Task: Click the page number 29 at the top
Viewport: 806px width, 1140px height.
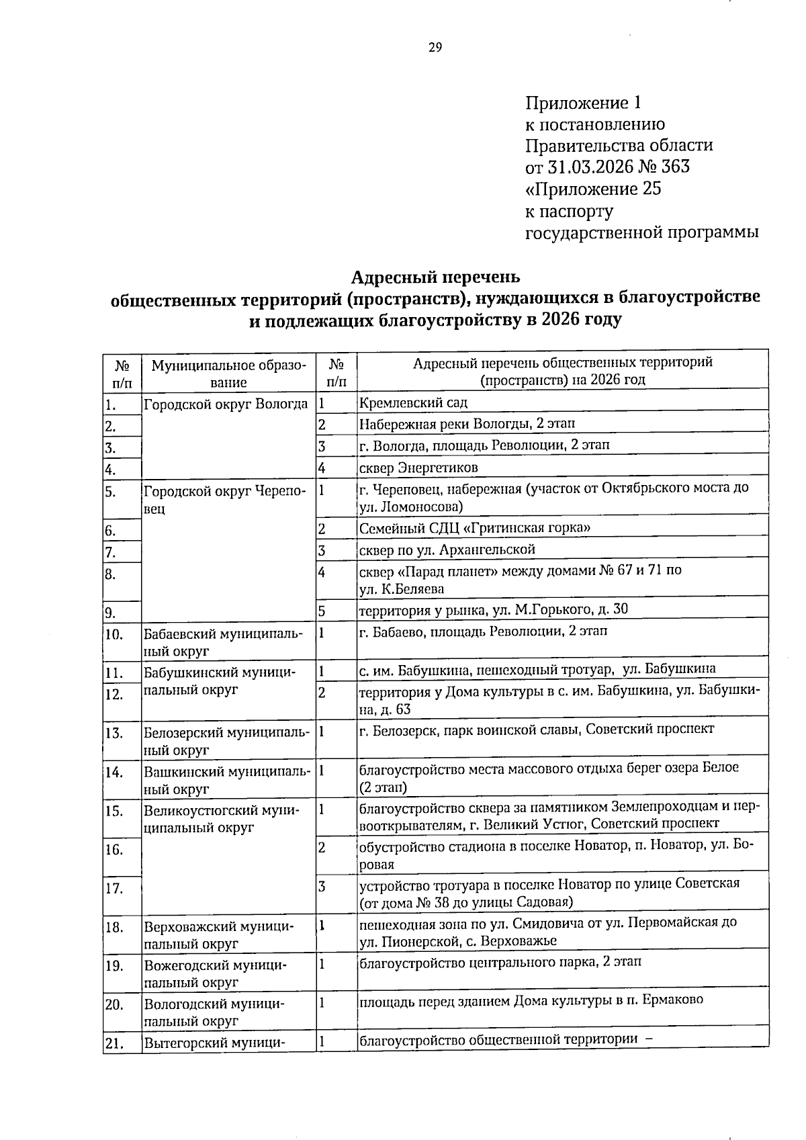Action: click(435, 47)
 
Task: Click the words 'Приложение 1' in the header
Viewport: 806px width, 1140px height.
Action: click(583, 103)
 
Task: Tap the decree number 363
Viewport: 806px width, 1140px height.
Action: click(675, 166)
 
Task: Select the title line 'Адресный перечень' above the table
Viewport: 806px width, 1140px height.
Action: click(435, 277)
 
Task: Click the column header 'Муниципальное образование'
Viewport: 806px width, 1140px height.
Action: click(228, 374)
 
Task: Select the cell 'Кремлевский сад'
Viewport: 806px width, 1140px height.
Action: click(413, 403)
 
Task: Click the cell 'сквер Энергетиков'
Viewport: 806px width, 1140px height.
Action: click(418, 468)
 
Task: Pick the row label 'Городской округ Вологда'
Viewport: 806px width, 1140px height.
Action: click(226, 404)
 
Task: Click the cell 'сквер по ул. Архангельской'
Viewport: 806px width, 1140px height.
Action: click(447, 550)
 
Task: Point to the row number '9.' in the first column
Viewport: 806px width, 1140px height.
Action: click(111, 612)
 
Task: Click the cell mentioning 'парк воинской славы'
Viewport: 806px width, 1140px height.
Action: click(536, 729)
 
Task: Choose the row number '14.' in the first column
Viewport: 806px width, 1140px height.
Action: click(114, 772)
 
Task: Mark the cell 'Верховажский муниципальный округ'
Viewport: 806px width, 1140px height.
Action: click(219, 935)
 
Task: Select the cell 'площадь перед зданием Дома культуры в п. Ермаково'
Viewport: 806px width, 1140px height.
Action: click(531, 1000)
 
